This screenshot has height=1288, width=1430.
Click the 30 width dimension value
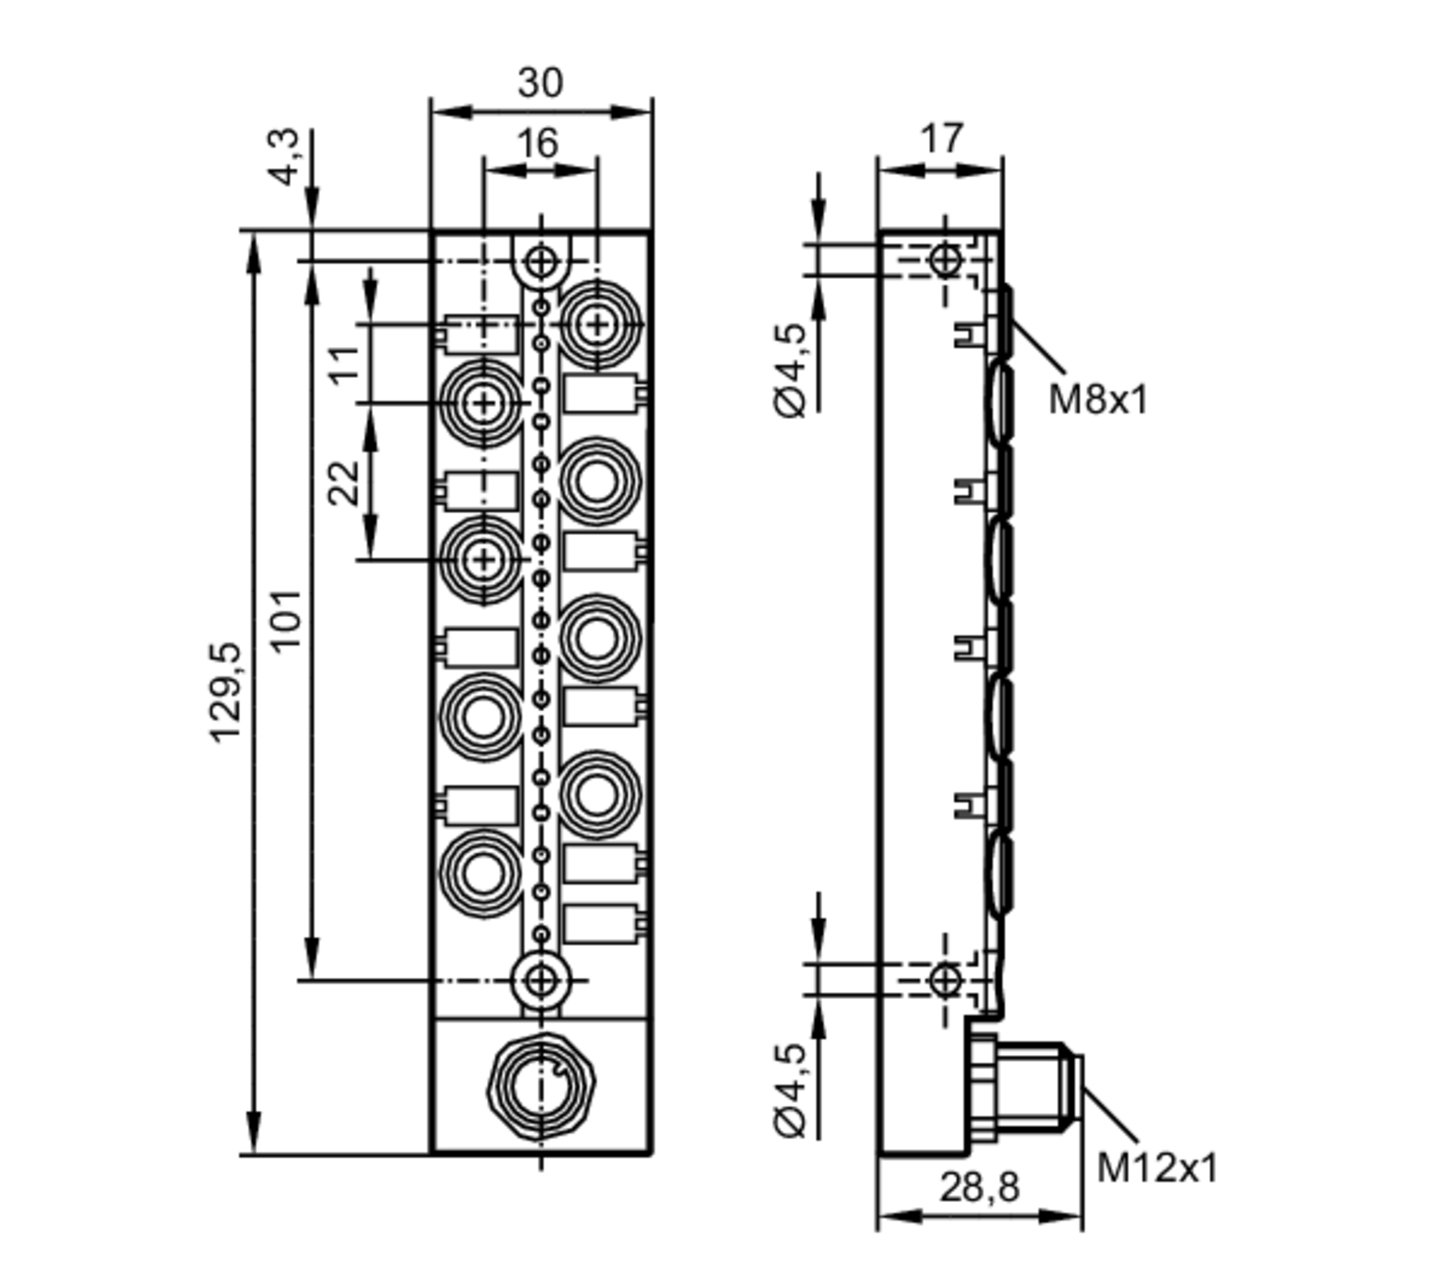(540, 84)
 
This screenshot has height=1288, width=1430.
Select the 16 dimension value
(538, 144)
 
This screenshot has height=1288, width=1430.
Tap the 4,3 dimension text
(285, 157)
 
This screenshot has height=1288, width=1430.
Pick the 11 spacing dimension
(344, 365)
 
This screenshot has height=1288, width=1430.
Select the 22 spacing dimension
(344, 483)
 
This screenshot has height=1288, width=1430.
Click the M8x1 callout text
(1098, 400)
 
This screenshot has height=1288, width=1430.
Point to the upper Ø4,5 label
(791, 370)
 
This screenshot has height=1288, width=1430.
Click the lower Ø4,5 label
(791, 1090)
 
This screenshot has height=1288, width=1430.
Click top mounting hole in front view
(541, 262)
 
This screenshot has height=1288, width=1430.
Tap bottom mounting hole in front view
(541, 980)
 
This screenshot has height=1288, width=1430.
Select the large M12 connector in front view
(541, 1087)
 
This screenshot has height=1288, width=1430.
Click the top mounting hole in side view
(945, 260)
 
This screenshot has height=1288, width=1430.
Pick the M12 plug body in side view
(1030, 1087)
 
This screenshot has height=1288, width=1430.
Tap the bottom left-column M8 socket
(483, 873)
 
